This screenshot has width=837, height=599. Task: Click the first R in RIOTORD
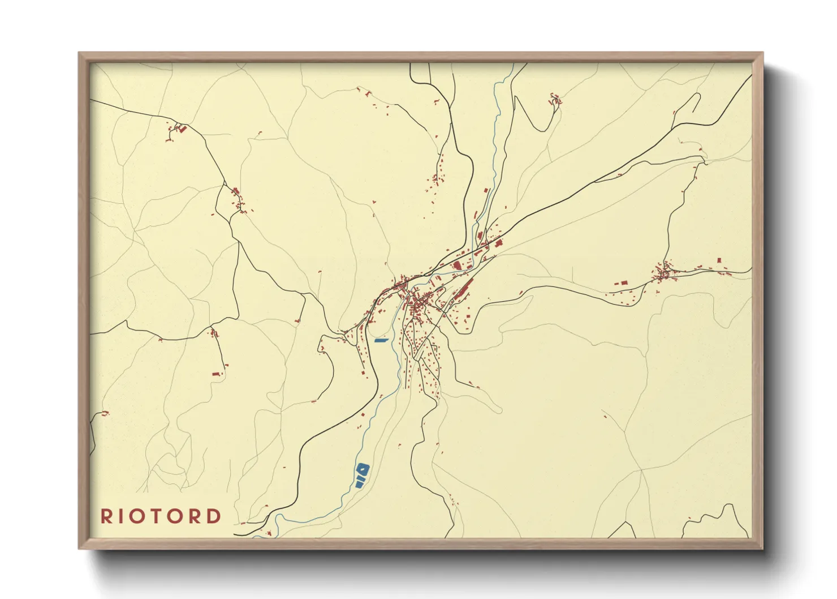click(106, 516)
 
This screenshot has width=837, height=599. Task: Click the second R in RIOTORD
click(196, 516)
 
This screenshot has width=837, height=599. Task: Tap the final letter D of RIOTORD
click(214, 516)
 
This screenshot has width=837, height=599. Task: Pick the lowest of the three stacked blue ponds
click(359, 485)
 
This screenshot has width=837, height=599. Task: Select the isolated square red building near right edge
click(719, 260)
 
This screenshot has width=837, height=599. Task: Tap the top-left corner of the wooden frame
click(79, 53)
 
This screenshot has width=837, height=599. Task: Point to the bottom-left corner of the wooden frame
click(80, 547)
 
